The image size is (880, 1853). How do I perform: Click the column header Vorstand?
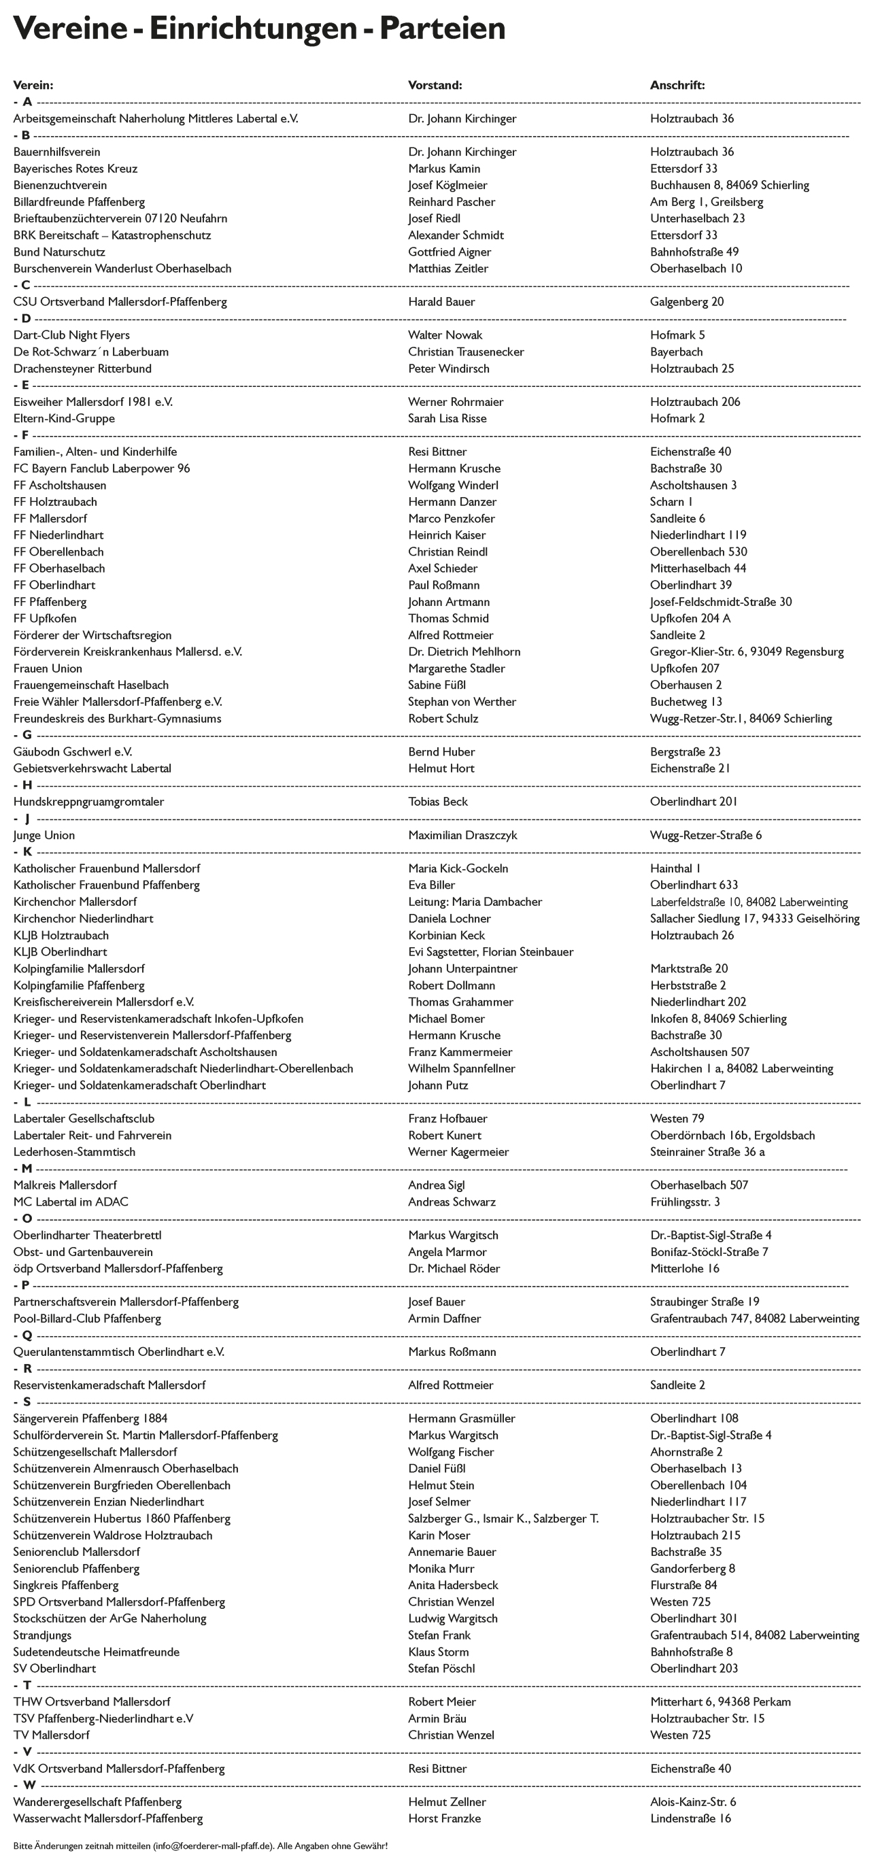click(x=435, y=85)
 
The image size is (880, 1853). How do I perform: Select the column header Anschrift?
click(x=677, y=85)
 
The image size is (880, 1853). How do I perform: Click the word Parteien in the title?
click(x=442, y=28)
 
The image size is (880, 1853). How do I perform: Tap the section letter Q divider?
click(x=27, y=1335)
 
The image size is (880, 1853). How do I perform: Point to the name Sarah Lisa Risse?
click(x=447, y=419)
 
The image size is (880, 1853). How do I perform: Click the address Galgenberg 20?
click(x=686, y=302)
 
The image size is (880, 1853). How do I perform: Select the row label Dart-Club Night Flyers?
click(x=71, y=335)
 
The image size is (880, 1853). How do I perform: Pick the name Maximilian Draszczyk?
click(x=462, y=835)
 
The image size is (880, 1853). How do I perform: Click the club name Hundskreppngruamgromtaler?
click(x=88, y=801)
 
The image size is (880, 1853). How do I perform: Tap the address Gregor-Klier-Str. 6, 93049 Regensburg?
click(x=746, y=651)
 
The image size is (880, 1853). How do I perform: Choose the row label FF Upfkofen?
click(x=45, y=619)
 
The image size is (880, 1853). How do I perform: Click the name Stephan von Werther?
click(x=462, y=701)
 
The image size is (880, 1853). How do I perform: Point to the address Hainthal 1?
click(x=675, y=868)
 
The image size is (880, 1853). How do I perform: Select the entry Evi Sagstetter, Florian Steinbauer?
click(x=491, y=952)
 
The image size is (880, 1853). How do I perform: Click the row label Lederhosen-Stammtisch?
click(x=74, y=1152)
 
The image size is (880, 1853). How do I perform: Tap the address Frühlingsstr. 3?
click(x=685, y=1202)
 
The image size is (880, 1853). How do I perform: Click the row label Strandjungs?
click(x=41, y=1635)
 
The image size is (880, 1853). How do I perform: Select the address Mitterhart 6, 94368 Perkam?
click(x=720, y=1701)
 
